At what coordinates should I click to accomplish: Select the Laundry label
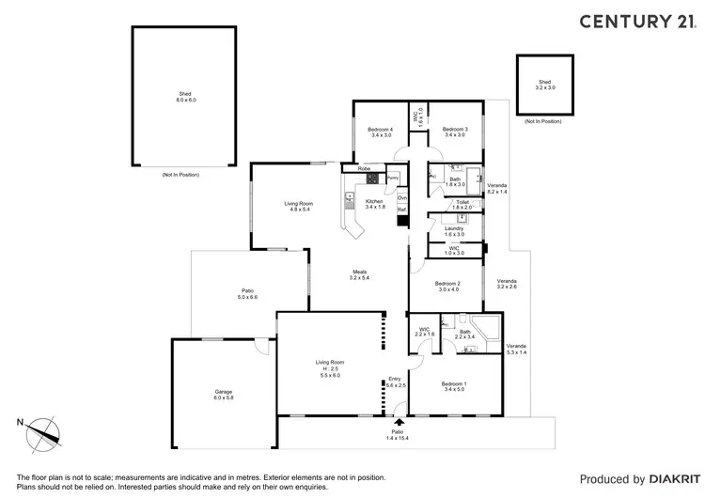pyautogui.click(x=454, y=231)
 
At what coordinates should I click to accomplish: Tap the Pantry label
pyautogui.click(x=393, y=177)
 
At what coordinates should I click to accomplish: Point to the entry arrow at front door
pyautogui.click(x=400, y=424)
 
